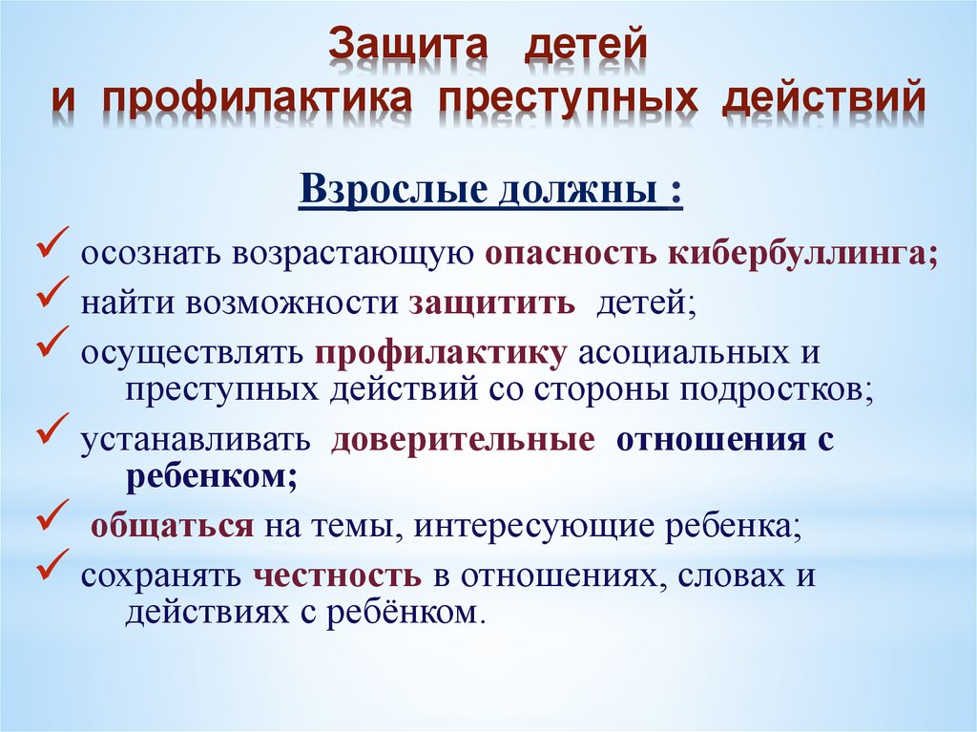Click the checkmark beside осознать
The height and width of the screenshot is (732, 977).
52,241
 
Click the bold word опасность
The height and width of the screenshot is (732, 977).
571,255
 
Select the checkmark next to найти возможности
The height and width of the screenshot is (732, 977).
52,291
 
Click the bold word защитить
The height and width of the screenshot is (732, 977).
491,303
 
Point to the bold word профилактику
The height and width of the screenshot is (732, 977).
441,353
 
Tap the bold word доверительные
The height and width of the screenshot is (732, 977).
463,440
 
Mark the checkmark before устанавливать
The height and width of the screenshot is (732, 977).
52,428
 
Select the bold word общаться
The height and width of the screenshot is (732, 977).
173,527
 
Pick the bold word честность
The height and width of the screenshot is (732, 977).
337,576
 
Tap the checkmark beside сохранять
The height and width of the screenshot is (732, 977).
52,564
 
